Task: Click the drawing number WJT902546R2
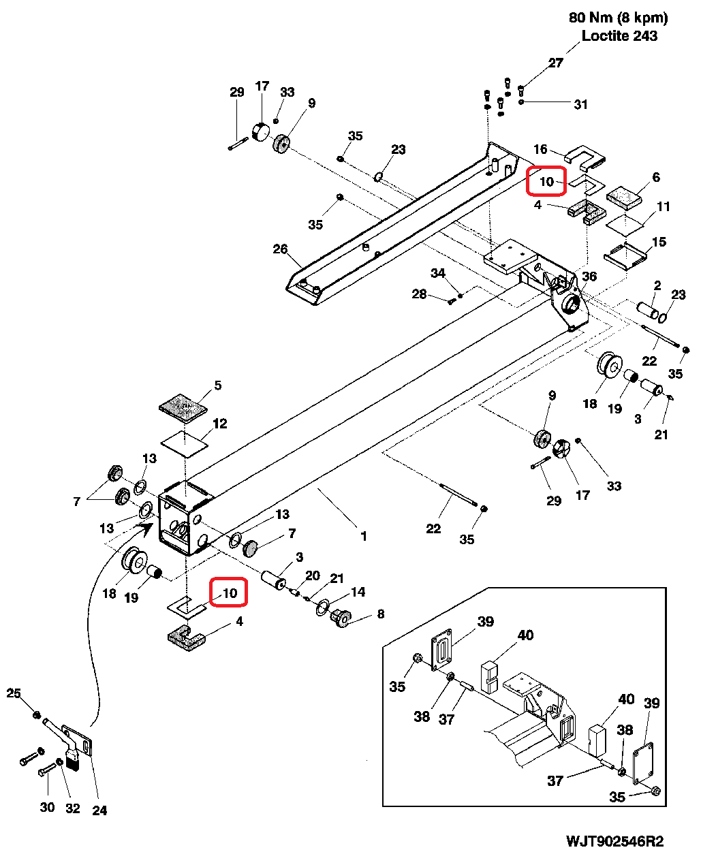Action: (614, 841)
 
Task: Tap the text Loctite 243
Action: (619, 36)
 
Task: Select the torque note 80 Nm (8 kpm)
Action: (618, 18)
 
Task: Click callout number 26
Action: (280, 249)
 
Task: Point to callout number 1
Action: (364, 536)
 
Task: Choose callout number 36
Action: (589, 276)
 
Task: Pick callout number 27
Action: (556, 63)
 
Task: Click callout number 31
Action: (580, 104)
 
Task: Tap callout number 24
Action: (99, 810)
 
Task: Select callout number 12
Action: (219, 424)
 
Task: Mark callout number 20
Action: (312, 575)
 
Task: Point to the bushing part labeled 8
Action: (340, 618)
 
